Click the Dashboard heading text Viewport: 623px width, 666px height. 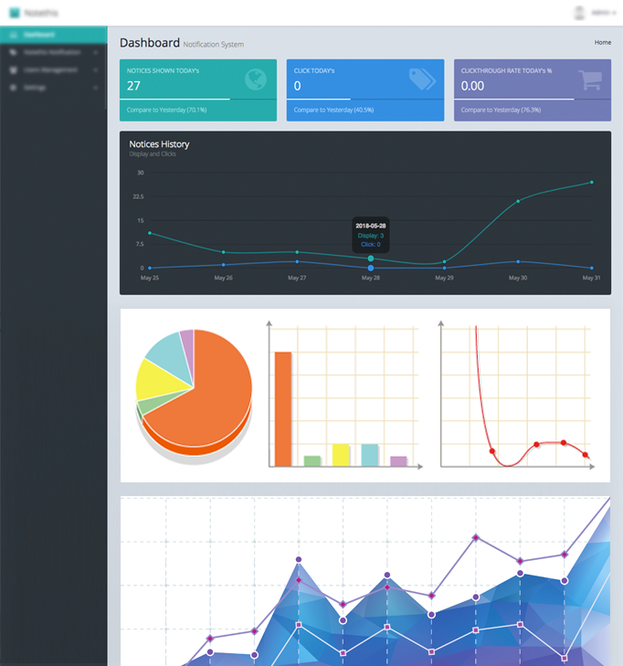click(x=150, y=42)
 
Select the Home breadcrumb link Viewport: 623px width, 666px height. click(x=603, y=42)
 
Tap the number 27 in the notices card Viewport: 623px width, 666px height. click(x=134, y=86)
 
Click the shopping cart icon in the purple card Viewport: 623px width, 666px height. click(x=588, y=81)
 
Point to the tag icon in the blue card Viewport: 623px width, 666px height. click(x=421, y=80)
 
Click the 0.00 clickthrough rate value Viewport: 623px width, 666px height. click(x=473, y=86)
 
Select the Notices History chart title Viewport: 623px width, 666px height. click(x=159, y=144)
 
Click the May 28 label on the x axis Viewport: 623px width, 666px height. click(x=370, y=278)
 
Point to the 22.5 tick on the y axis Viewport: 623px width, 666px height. click(x=138, y=196)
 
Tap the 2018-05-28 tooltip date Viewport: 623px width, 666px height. click(x=370, y=226)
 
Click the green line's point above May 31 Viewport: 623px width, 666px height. click(x=592, y=183)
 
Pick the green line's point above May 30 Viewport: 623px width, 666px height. click(x=518, y=201)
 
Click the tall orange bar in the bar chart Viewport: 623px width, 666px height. click(x=283, y=407)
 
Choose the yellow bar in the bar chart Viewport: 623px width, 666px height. click(x=341, y=454)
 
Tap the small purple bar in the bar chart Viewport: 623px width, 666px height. click(x=398, y=460)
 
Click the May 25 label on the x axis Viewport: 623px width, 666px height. click(x=150, y=278)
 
